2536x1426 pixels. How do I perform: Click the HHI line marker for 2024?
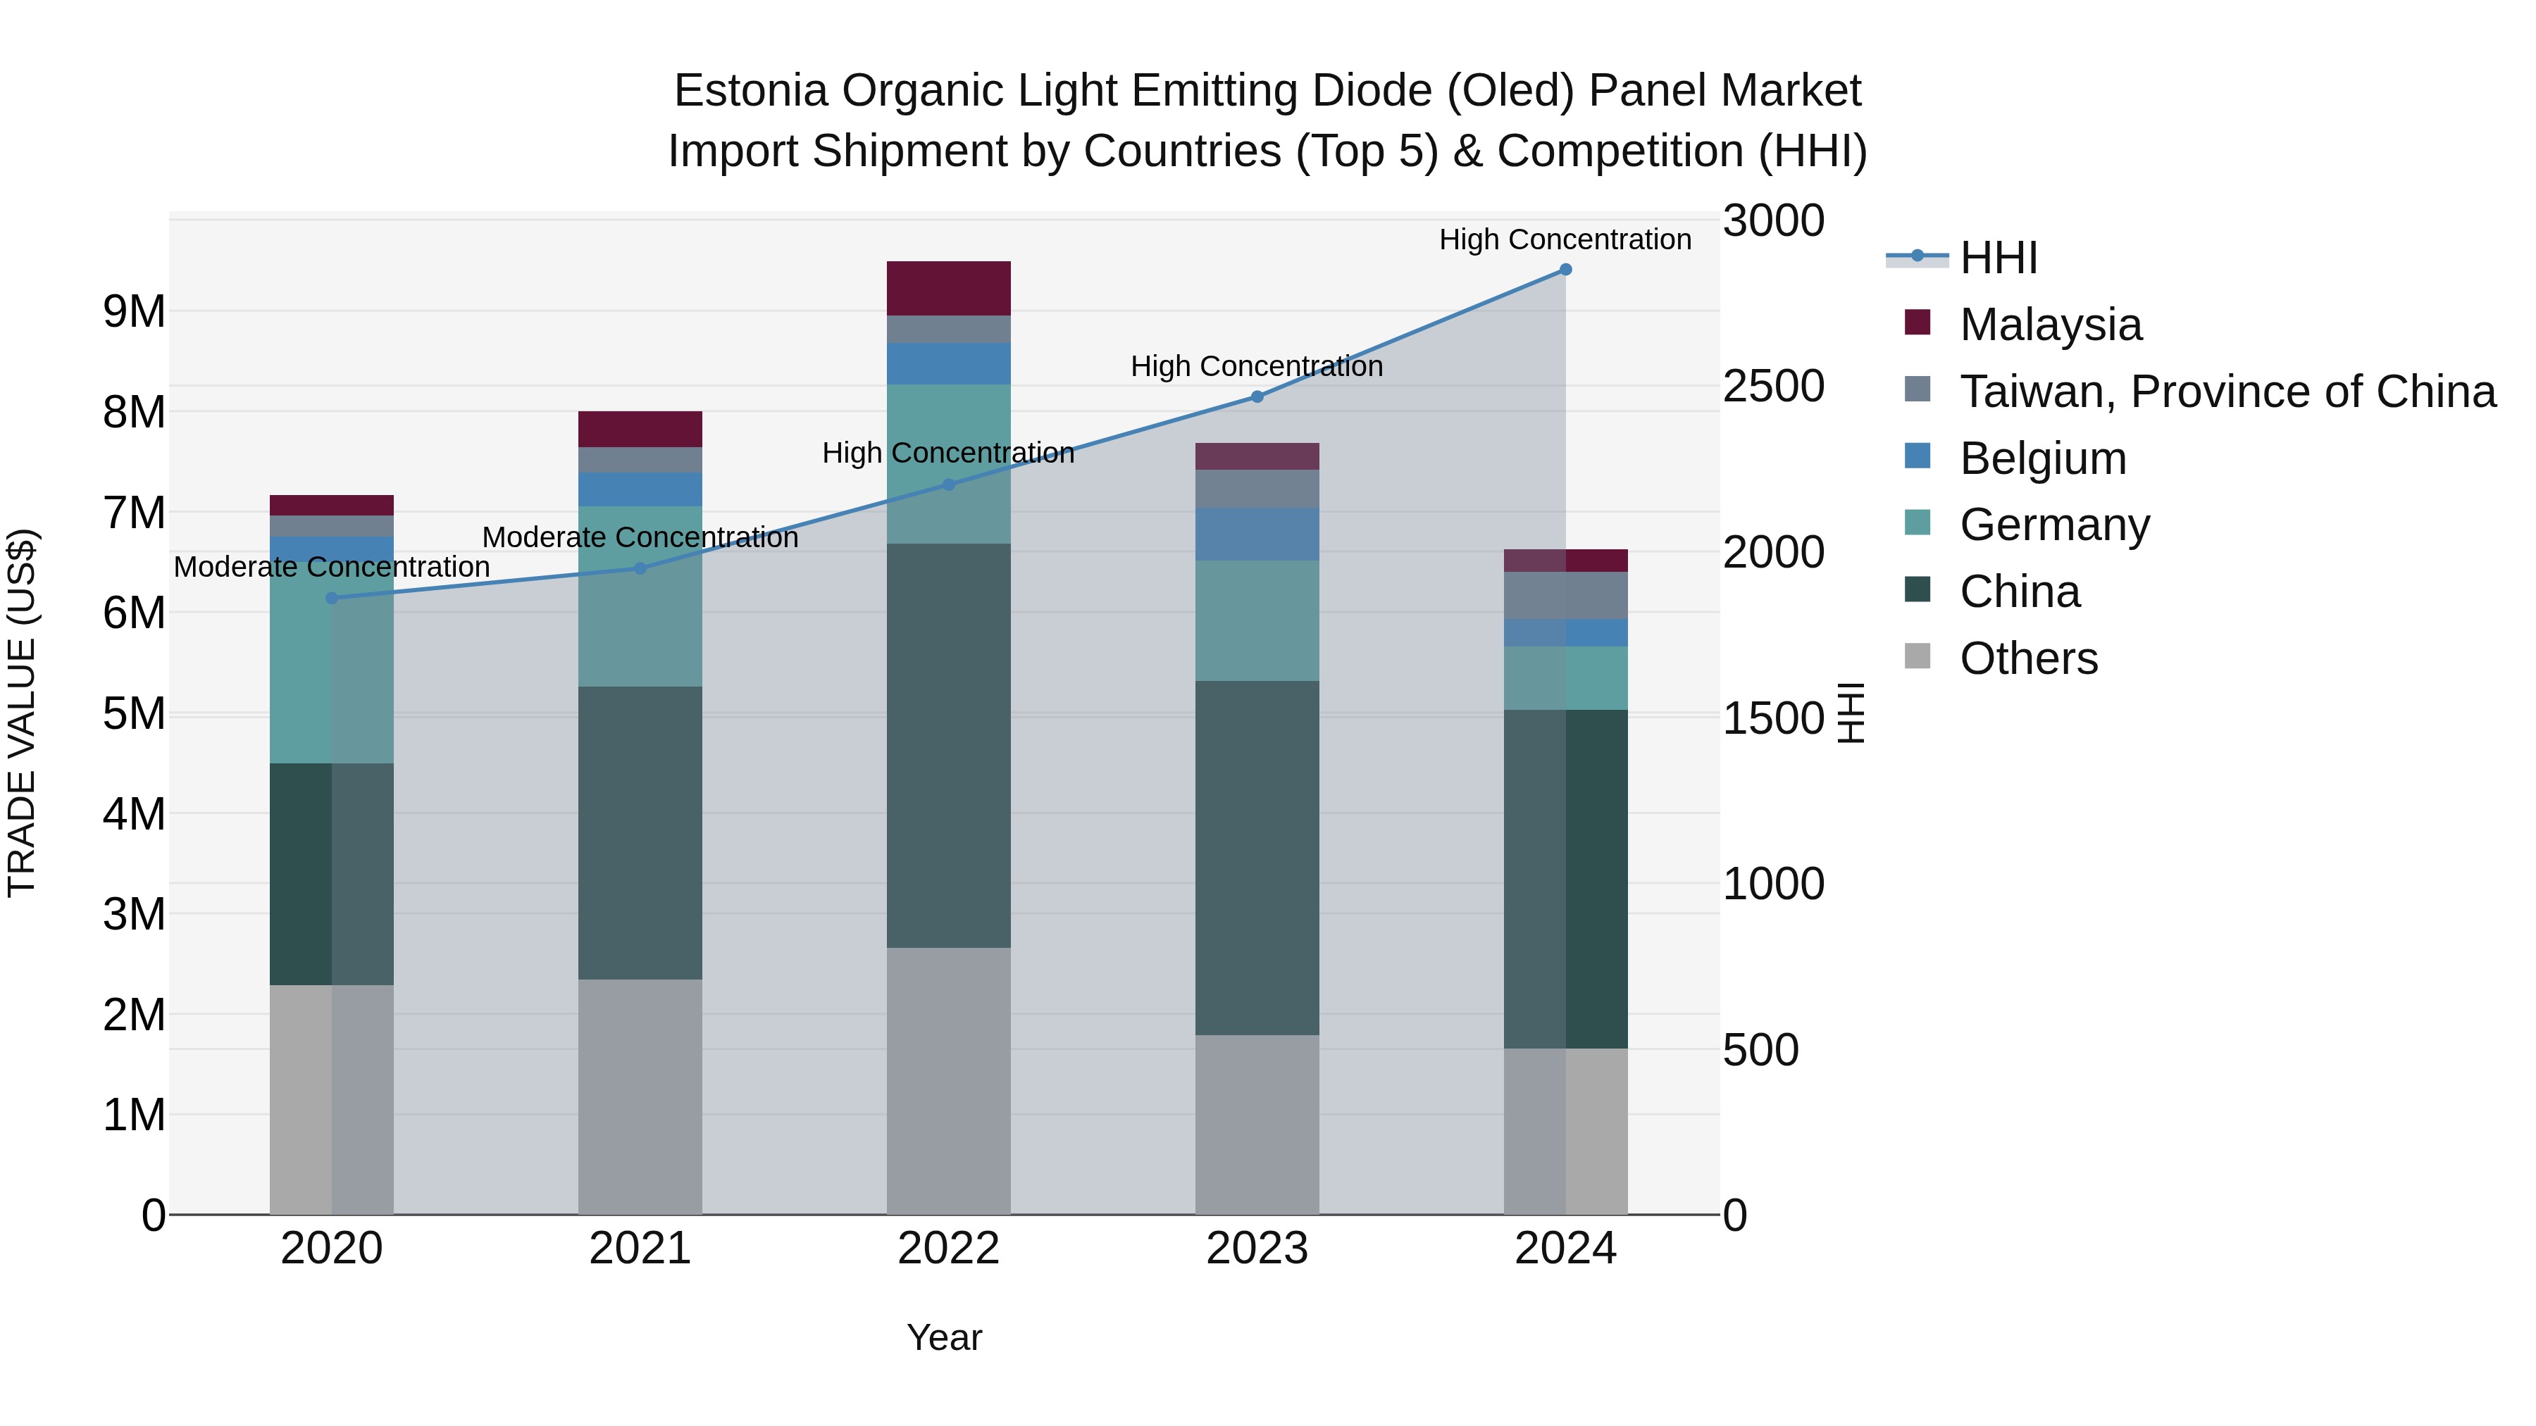tap(1565, 270)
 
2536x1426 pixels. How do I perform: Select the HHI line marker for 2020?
tap(332, 599)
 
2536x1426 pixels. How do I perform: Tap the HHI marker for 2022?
tap(949, 484)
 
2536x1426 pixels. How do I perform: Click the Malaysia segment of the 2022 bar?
tap(949, 288)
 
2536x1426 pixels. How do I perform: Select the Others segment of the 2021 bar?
tap(640, 1096)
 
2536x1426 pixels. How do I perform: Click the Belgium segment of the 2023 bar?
tap(1257, 534)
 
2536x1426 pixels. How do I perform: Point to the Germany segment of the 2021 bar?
tap(640, 596)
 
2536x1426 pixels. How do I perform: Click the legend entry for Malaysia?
tap(2050, 325)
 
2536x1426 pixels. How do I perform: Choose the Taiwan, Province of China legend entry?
tap(2227, 392)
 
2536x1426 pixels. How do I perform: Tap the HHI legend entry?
tap(1999, 258)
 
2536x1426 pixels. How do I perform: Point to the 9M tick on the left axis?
tap(134, 312)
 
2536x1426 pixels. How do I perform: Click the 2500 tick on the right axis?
tap(1773, 386)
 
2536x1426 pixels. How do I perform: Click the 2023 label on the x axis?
tap(1257, 1249)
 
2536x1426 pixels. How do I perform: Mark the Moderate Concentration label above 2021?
tap(640, 537)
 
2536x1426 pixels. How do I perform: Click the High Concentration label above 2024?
tap(1565, 239)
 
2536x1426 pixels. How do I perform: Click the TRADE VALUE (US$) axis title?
tap(22, 713)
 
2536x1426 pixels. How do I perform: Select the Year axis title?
tap(944, 1337)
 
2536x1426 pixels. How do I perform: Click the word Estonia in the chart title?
tap(750, 91)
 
